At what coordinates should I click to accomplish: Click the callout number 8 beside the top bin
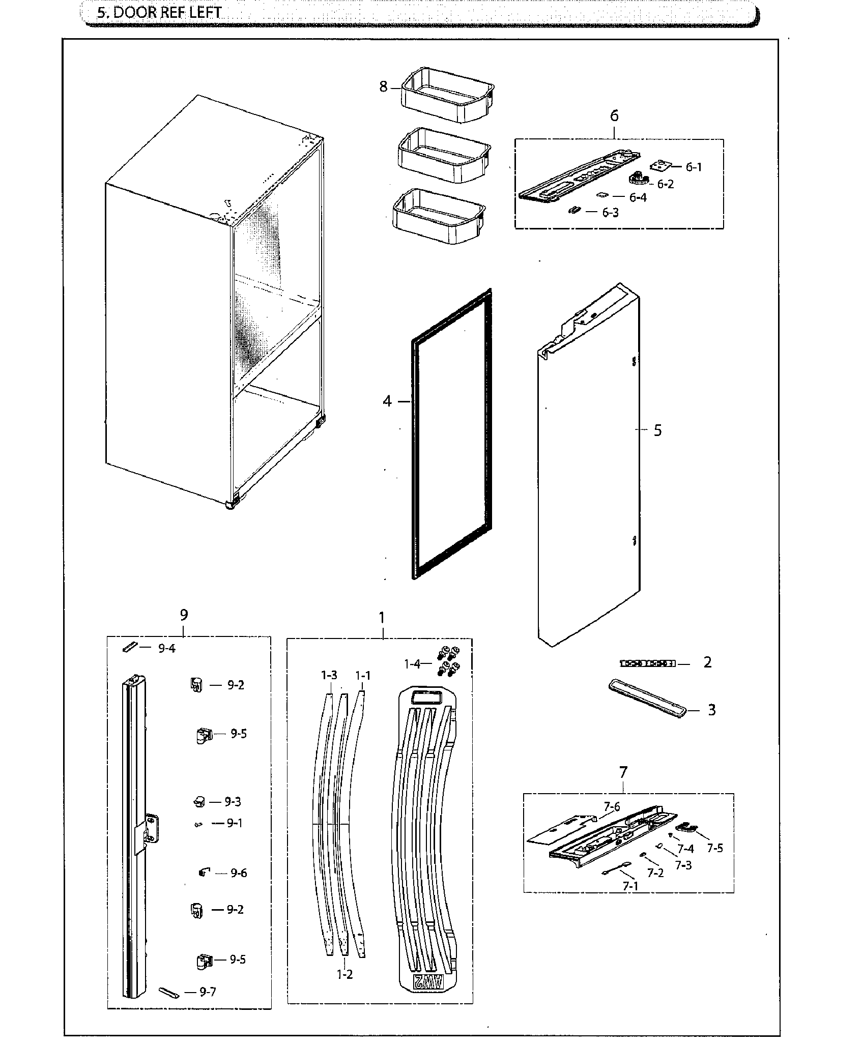pos(383,87)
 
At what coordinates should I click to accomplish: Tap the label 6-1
pos(693,167)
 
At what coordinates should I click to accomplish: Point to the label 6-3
pos(610,213)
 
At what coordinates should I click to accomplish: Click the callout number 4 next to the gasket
pos(388,401)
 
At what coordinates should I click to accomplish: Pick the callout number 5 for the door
pos(657,430)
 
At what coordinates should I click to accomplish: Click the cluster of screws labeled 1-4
pos(448,660)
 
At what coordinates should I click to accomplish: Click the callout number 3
pos(711,710)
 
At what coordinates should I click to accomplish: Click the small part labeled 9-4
pos(129,647)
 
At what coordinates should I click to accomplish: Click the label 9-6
pos(238,873)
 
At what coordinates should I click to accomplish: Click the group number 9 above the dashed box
pos(184,615)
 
